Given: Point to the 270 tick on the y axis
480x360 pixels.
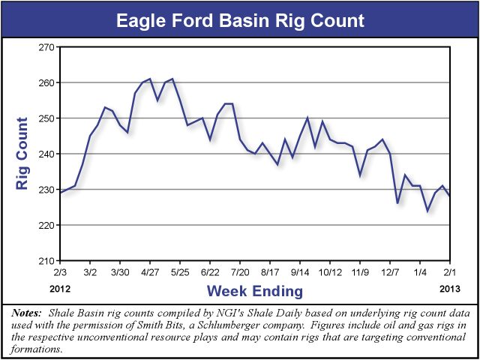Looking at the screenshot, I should coord(48,47).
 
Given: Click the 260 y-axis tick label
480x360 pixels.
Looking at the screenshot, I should coord(48,82).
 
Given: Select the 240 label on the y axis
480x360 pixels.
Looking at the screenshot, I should coord(48,154).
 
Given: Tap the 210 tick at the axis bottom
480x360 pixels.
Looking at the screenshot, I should coord(48,261).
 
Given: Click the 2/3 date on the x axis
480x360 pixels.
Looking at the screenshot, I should coord(60,271).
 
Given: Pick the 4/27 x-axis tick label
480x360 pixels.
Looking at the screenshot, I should coord(150,271).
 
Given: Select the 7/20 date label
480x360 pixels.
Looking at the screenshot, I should coord(240,271).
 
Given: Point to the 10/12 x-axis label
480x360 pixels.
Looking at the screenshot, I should coord(330,271).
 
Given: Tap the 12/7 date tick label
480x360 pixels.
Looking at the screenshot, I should coord(390,271).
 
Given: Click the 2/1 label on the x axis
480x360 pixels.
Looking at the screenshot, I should coord(450,271).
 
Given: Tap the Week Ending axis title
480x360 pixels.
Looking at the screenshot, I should coord(255,290).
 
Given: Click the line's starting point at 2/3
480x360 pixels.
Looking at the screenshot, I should coord(60,193).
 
